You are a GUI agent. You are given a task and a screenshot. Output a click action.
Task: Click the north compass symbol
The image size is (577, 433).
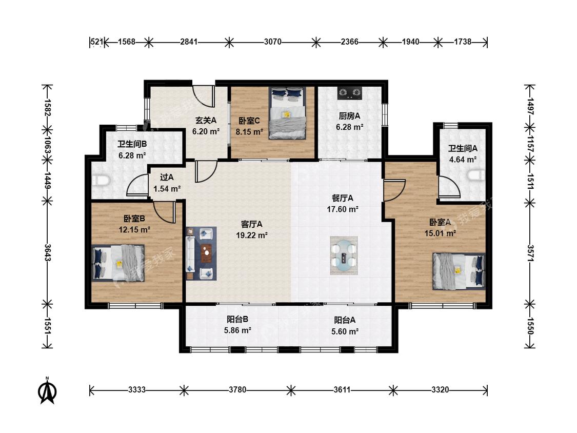click(x=47, y=391)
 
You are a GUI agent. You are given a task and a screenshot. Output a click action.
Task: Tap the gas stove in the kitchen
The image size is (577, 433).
click(x=350, y=93)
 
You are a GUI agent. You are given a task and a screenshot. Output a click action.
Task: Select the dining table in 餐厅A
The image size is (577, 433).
click(x=344, y=255)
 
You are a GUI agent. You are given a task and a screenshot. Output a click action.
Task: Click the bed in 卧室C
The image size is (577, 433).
click(x=287, y=113)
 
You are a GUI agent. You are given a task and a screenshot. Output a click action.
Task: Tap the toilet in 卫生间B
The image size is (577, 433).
click(x=100, y=181)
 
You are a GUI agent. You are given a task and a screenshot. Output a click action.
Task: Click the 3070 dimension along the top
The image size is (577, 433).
click(x=273, y=42)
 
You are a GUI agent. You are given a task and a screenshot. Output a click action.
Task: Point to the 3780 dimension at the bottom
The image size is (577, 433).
click(x=237, y=389)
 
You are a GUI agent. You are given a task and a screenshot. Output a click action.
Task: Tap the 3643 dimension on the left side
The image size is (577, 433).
click(x=48, y=252)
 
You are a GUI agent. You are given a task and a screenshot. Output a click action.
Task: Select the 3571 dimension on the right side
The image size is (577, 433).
click(x=530, y=253)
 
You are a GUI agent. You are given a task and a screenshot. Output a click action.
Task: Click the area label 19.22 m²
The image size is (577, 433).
click(x=252, y=235)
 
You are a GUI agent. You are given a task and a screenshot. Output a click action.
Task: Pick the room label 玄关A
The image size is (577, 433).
click(x=206, y=120)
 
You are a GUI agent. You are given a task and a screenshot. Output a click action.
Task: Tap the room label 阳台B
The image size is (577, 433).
click(x=237, y=319)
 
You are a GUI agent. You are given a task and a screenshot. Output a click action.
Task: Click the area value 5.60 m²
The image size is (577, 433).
click(x=345, y=331)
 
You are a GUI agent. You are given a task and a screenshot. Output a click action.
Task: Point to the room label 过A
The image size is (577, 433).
click(x=167, y=178)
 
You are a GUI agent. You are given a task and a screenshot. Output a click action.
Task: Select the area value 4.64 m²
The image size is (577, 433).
click(x=463, y=160)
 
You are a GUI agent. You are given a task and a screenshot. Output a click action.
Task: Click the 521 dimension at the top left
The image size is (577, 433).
click(x=97, y=42)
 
